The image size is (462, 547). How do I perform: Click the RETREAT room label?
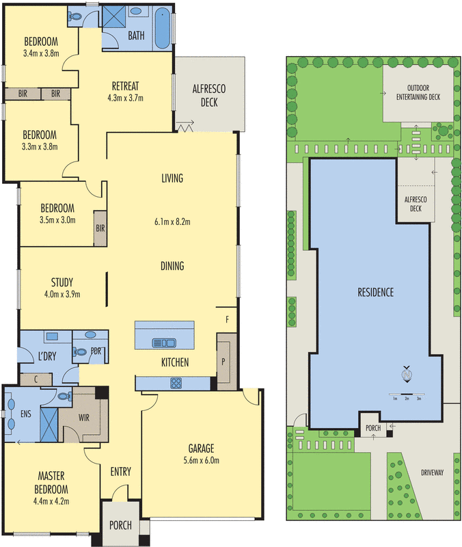125,86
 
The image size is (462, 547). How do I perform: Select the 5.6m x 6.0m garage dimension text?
201,460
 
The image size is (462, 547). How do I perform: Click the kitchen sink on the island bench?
164,343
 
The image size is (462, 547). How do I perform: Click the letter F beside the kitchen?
227,319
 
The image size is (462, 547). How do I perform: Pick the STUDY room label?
62,282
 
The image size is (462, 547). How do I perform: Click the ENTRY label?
120,471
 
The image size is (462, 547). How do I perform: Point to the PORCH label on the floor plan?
120,525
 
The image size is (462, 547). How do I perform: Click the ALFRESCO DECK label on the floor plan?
209,96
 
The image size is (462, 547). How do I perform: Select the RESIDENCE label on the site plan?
376,292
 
